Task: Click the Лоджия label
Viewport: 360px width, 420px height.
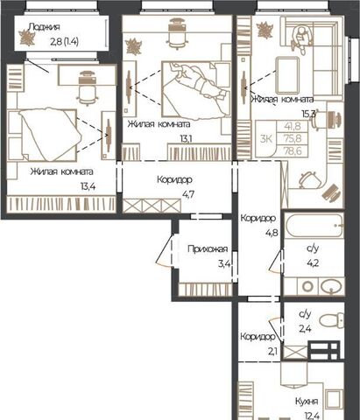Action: point(44,27)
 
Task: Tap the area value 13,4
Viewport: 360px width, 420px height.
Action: point(88,186)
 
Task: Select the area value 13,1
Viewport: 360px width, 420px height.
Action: point(187,139)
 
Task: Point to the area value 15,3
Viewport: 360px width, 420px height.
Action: point(308,113)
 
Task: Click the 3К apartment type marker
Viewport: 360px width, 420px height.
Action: point(266,139)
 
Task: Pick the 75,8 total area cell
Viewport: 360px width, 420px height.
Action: point(292,138)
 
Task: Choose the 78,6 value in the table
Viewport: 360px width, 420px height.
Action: point(292,150)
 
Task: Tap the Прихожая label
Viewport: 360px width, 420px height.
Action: point(208,249)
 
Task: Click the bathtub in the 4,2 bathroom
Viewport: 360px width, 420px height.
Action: point(314,225)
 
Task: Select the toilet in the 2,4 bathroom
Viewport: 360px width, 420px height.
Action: point(332,320)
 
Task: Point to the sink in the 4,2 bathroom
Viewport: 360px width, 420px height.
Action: point(331,286)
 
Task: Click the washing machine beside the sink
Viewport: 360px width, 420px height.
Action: point(307,286)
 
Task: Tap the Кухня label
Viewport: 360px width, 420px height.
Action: point(307,402)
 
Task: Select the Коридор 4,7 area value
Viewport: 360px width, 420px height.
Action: point(188,194)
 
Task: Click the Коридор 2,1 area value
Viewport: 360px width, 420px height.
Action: point(272,352)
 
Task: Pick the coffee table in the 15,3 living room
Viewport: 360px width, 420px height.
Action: point(288,75)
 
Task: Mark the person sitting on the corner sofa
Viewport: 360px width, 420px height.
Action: point(301,38)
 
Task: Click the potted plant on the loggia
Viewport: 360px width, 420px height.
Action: point(27,38)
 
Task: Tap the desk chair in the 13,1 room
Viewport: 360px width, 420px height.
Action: point(177,35)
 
